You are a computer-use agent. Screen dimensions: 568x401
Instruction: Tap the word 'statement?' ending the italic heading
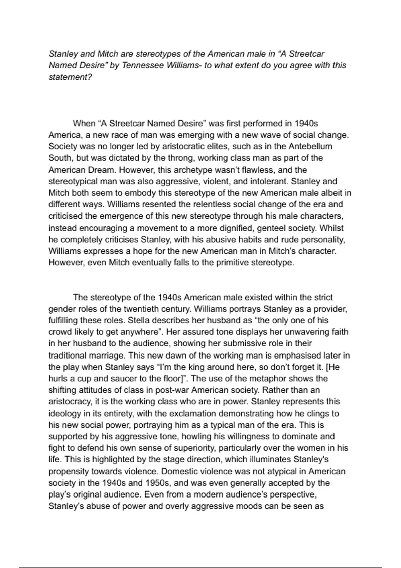(x=70, y=77)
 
